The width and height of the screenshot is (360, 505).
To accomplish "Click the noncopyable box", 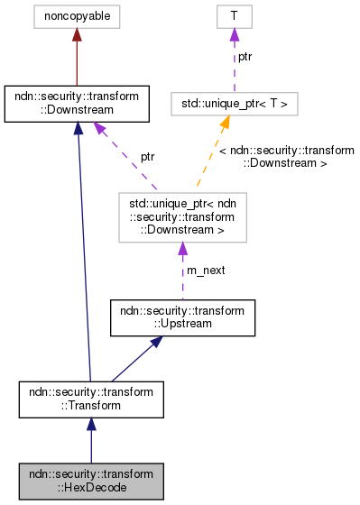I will pos(76,15).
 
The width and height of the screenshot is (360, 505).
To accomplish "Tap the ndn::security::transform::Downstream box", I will pos(76,104).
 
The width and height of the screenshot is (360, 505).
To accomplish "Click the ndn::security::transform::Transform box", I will pos(90,399).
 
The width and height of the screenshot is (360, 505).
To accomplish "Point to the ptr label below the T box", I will pos(245,58).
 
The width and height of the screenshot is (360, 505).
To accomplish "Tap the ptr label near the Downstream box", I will pos(147,156).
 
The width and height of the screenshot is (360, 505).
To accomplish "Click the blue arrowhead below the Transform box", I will pos(90,425).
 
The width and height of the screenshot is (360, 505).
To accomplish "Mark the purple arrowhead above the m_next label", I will pos(181,247).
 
